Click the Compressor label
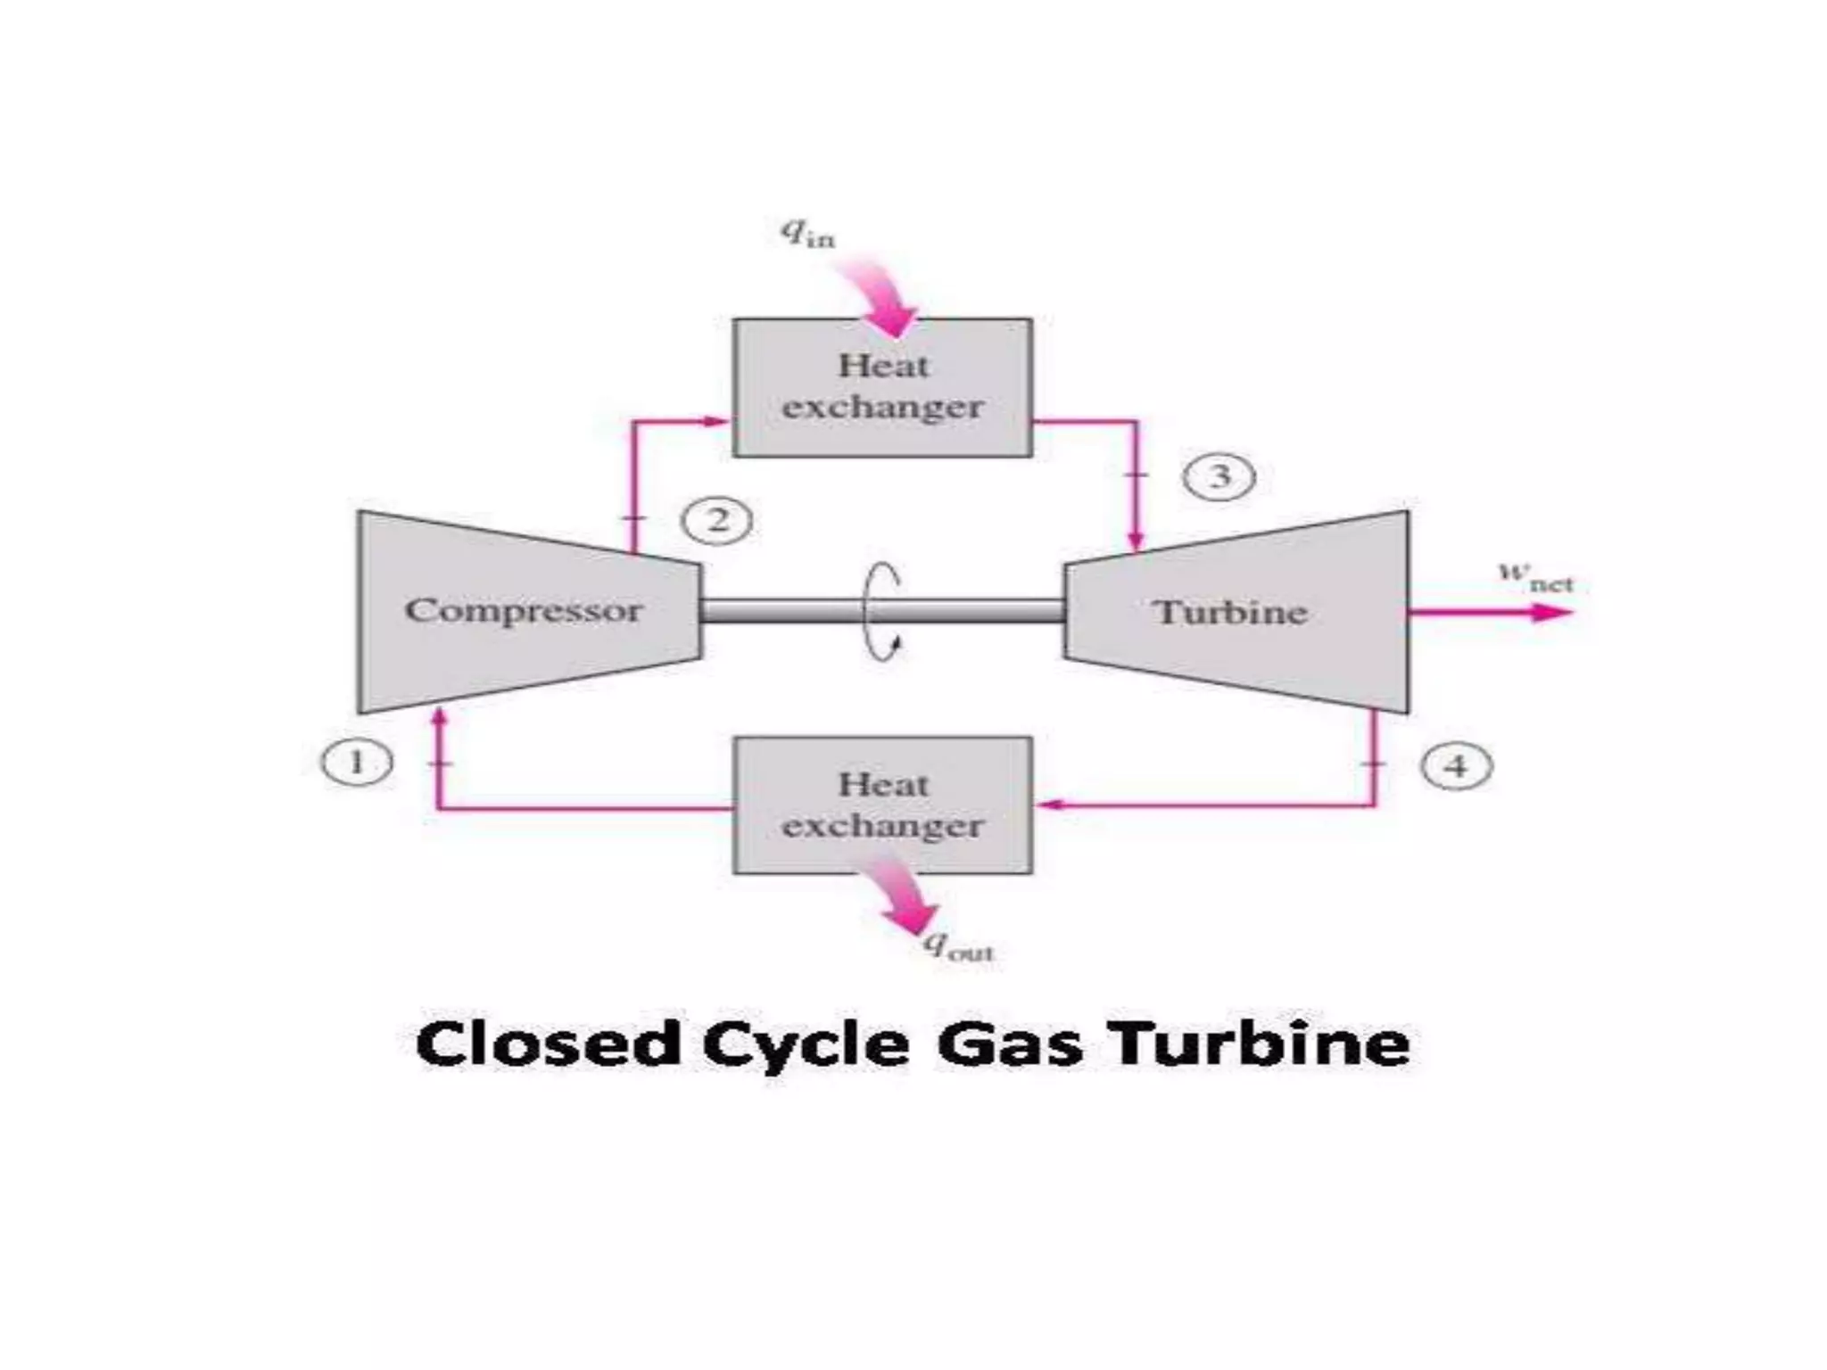pos(524,611)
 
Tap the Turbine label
pos(1230,613)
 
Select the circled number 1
pos(357,763)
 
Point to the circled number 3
pos(1219,476)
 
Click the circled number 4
pos(1456,766)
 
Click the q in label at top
pos(808,234)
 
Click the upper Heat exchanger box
pos(882,388)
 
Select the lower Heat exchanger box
pos(882,805)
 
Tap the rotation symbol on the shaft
pos(883,612)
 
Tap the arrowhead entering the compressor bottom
pos(438,719)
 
